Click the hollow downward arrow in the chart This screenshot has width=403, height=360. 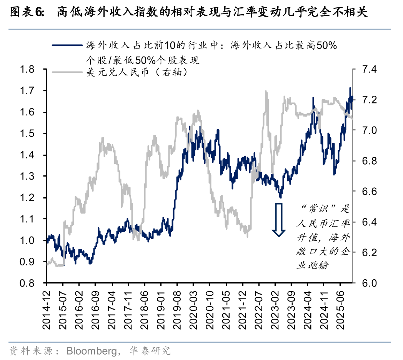click(278, 219)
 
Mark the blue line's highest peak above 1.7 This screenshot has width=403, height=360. click(350, 88)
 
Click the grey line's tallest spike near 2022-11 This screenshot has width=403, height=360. click(266, 92)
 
